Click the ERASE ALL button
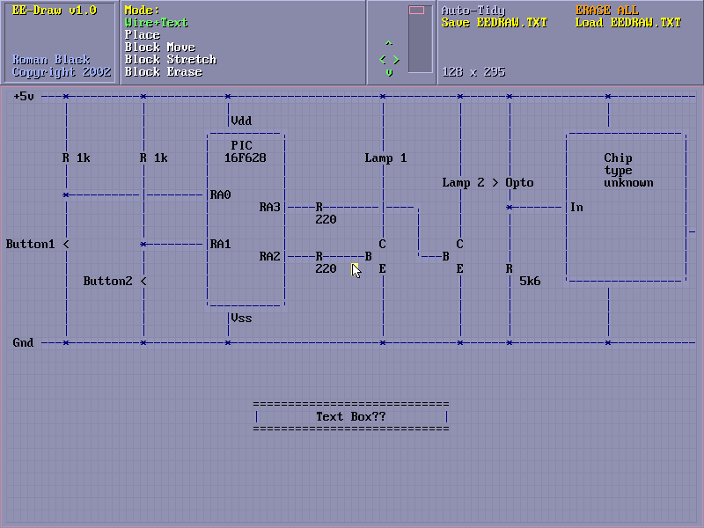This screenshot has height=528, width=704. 607,11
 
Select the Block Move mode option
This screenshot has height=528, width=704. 160,48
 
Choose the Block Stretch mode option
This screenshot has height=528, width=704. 171,60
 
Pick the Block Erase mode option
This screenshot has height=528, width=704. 164,72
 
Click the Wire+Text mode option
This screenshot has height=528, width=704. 157,23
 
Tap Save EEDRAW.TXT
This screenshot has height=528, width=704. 494,23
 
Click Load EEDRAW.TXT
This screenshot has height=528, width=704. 628,23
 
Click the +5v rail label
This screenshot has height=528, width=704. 24,97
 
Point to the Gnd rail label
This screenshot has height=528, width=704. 24,342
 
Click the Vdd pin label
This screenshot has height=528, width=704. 242,121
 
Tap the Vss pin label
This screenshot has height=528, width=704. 242,318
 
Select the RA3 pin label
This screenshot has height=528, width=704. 269,208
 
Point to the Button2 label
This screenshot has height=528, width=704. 108,282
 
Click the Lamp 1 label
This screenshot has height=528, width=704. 385,158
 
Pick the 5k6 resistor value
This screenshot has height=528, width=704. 530,282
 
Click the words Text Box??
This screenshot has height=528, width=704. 350,416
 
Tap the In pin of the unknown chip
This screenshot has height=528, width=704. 576,208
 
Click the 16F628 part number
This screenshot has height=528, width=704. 245,158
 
